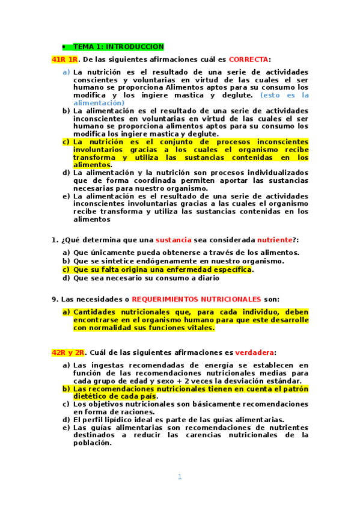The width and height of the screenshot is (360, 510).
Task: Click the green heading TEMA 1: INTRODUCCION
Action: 118,47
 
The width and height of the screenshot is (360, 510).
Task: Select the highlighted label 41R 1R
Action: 65,60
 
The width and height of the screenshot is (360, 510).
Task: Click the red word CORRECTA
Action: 248,60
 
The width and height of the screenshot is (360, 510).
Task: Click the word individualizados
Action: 276,173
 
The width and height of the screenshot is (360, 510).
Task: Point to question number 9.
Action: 55,299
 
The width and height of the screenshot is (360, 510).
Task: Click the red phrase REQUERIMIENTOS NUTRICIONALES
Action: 197,299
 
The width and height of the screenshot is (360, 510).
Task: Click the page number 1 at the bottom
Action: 179,477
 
